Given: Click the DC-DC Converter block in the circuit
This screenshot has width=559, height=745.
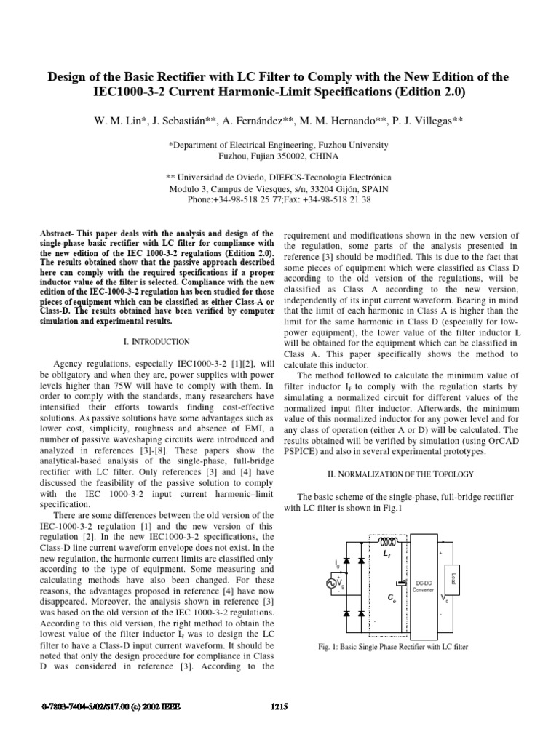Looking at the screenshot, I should [x=423, y=585].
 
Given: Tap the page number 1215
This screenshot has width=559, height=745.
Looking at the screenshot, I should [x=280, y=704].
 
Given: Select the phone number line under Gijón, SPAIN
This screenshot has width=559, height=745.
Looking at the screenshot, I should [x=279, y=199].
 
